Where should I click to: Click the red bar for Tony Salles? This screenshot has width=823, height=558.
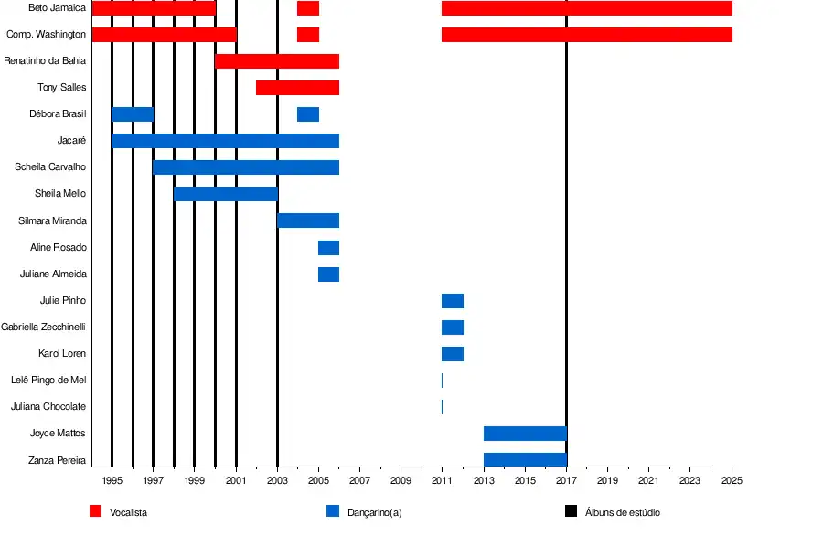tap(297, 88)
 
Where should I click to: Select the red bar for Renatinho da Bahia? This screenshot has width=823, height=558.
tap(277, 61)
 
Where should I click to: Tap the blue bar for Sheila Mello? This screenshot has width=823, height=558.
tap(226, 194)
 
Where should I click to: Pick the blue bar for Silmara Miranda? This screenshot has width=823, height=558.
tap(308, 220)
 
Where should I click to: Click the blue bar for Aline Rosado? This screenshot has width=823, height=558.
tap(328, 248)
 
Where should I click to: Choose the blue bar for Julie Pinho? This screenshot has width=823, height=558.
tap(453, 301)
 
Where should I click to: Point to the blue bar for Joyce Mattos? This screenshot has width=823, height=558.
tap(525, 434)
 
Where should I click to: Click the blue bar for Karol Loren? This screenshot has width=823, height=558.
tap(453, 354)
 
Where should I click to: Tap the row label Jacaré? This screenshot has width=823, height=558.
tap(71, 141)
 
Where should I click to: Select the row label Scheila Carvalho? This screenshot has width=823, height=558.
tap(50, 167)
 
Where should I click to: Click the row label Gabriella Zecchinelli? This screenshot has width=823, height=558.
tap(44, 327)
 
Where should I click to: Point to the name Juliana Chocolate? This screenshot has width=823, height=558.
tap(48, 407)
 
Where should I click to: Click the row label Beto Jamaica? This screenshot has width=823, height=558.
tap(58, 8)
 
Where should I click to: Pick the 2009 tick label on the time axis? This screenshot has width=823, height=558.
tap(401, 480)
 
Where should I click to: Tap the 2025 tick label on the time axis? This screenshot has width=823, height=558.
tap(732, 480)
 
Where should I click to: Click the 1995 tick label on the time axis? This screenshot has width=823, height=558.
tap(112, 480)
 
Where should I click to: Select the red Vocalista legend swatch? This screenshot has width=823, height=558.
tap(95, 512)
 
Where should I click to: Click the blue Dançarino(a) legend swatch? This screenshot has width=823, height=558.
tap(333, 512)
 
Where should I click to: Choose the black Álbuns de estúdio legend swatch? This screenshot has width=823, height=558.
tap(571, 512)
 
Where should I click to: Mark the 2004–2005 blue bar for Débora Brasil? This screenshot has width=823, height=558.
tap(308, 114)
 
